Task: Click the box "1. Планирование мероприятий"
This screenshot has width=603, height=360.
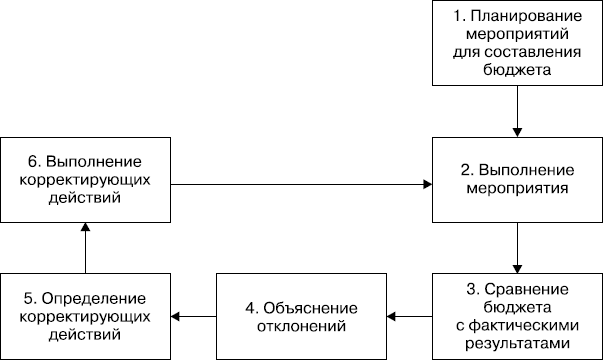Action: coord(517,43)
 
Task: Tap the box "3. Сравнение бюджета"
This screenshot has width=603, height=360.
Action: coord(517,315)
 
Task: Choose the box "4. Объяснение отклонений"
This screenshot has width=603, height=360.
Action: coord(302,315)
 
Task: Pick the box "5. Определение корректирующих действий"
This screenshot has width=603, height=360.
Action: coord(85,315)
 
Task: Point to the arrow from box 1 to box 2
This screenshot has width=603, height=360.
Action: coord(517,111)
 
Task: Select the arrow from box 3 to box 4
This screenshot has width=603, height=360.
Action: coord(410,316)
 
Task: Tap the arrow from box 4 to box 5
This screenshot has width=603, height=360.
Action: coord(194,316)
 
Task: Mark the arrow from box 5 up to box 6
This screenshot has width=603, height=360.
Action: coord(85,248)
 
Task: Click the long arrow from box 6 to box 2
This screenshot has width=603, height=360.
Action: coord(300,183)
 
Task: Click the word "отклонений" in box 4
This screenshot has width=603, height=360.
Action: coord(302,325)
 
